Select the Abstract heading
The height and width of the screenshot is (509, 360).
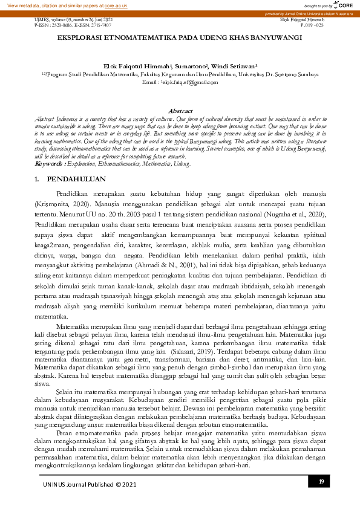(x=180, y=111)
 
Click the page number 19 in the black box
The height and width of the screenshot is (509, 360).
(x=321, y=481)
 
